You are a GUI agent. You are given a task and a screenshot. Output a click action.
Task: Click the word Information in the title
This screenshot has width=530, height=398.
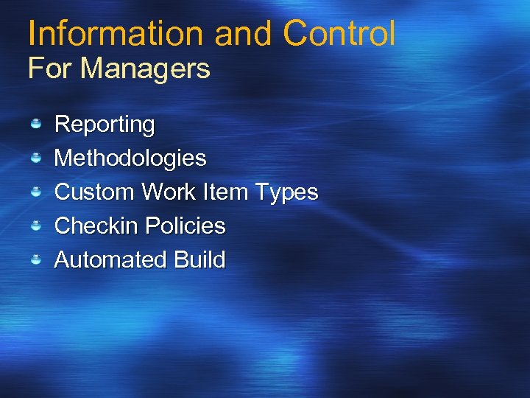116,33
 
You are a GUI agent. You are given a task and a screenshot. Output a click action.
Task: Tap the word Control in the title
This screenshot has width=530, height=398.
339,33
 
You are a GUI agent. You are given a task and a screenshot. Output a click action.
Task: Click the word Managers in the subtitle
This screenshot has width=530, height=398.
146,69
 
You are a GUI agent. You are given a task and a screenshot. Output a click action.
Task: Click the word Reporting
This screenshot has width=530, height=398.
105,125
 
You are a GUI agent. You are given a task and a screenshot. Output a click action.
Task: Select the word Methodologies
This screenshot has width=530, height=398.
130,158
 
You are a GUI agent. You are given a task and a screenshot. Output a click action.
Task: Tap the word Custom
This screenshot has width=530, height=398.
94,192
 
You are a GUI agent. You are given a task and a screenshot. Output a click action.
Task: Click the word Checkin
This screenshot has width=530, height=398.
97,226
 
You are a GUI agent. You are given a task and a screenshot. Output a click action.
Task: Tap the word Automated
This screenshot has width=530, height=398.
111,259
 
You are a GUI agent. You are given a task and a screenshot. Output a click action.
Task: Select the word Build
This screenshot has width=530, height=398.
199,259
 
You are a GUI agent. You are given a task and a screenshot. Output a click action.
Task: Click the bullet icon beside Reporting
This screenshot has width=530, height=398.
35,124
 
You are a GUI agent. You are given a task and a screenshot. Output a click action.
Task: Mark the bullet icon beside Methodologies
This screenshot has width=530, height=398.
35,158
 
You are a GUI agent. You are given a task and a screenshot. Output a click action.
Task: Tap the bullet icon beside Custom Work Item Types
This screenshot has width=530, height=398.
35,192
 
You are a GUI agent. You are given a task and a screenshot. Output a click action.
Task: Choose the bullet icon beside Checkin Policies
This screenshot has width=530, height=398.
35,226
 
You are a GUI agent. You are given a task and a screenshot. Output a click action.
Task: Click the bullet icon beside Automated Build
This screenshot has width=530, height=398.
35,259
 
